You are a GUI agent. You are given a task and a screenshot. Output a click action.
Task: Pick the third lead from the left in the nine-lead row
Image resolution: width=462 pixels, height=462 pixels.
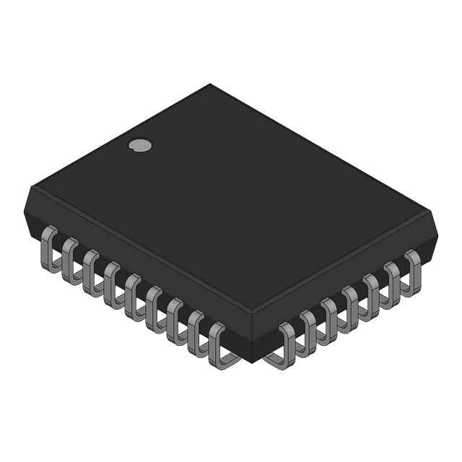click(90, 268)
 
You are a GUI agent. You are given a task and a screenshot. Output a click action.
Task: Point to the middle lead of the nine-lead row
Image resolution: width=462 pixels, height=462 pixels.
click(134, 292)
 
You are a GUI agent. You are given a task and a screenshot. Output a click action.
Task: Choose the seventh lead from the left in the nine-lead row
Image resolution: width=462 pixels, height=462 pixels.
click(176, 315)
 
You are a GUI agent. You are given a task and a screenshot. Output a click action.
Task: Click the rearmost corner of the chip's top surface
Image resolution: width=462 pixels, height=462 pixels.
click(211, 84)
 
